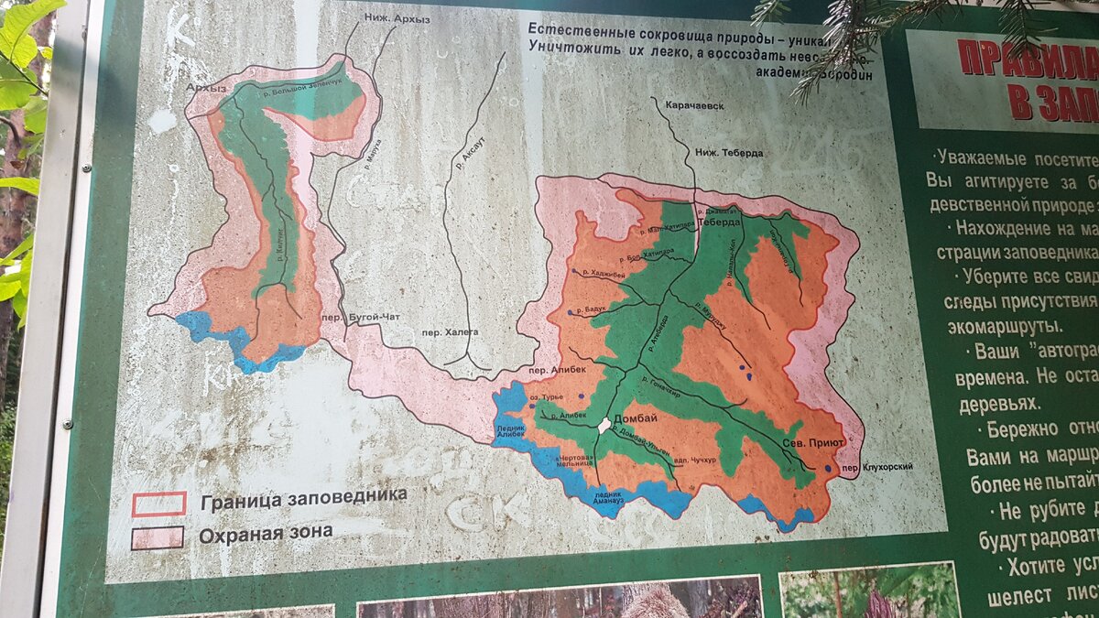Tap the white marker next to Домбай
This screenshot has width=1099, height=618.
point(604,426)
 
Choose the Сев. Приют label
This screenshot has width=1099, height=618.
point(812,440)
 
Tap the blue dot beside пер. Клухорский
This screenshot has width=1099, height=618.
point(829,469)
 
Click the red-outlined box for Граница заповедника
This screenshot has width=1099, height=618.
point(158,504)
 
